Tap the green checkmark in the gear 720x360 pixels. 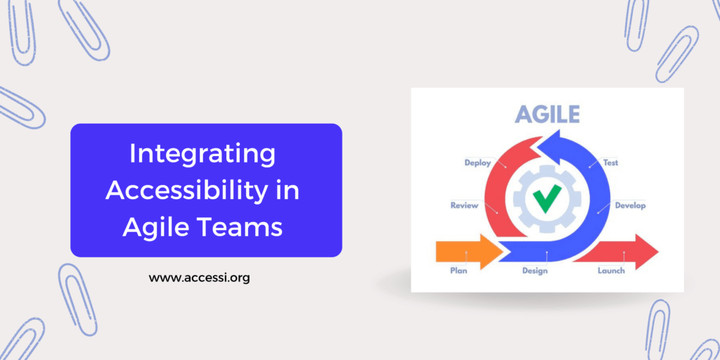pyautogui.click(x=546, y=199)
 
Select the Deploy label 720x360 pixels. pyautogui.click(x=477, y=162)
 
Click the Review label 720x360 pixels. pyautogui.click(x=464, y=205)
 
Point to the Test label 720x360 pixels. pyautogui.click(x=611, y=162)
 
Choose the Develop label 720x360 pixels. pyautogui.click(x=630, y=205)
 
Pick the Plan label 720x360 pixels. pyautogui.click(x=458, y=270)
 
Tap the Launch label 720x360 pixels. pyautogui.click(x=611, y=270)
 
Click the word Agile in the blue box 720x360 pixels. pyautogui.click(x=157, y=226)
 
